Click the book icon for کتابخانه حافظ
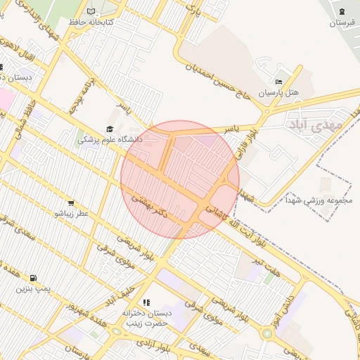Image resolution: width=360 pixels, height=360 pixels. coord(91,11)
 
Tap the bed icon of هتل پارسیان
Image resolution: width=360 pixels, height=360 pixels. coord(278,81)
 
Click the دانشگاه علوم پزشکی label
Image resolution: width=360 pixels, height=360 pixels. coord(109,140)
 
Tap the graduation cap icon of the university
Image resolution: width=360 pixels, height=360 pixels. coord(109,129)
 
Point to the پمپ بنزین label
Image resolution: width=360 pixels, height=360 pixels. coord(34,289)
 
